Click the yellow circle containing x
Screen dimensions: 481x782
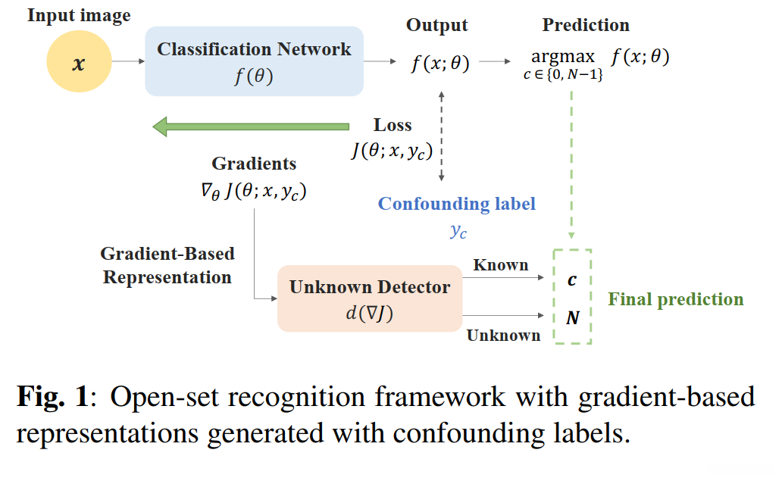click(78, 64)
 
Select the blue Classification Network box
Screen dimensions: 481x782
click(254, 61)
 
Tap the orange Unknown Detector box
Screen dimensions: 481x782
click(370, 298)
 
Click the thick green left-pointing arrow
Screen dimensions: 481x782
click(250, 126)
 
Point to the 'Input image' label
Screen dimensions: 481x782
click(79, 15)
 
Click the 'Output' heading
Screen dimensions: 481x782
click(436, 25)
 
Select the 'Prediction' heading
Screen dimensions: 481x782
click(586, 25)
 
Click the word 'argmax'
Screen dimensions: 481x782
click(562, 58)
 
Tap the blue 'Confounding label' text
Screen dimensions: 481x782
click(457, 204)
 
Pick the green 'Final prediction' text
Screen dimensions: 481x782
click(676, 299)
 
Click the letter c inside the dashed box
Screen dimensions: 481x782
click(572, 280)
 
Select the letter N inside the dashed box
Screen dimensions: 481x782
click(573, 318)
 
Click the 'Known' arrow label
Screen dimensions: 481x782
click(500, 265)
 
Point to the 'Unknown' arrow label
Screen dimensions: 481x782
click(503, 335)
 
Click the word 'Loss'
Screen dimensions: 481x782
click(393, 125)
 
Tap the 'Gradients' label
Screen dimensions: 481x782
click(254, 164)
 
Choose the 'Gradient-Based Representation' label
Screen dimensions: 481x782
click(167, 265)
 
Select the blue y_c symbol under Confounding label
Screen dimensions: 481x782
click(458, 232)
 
